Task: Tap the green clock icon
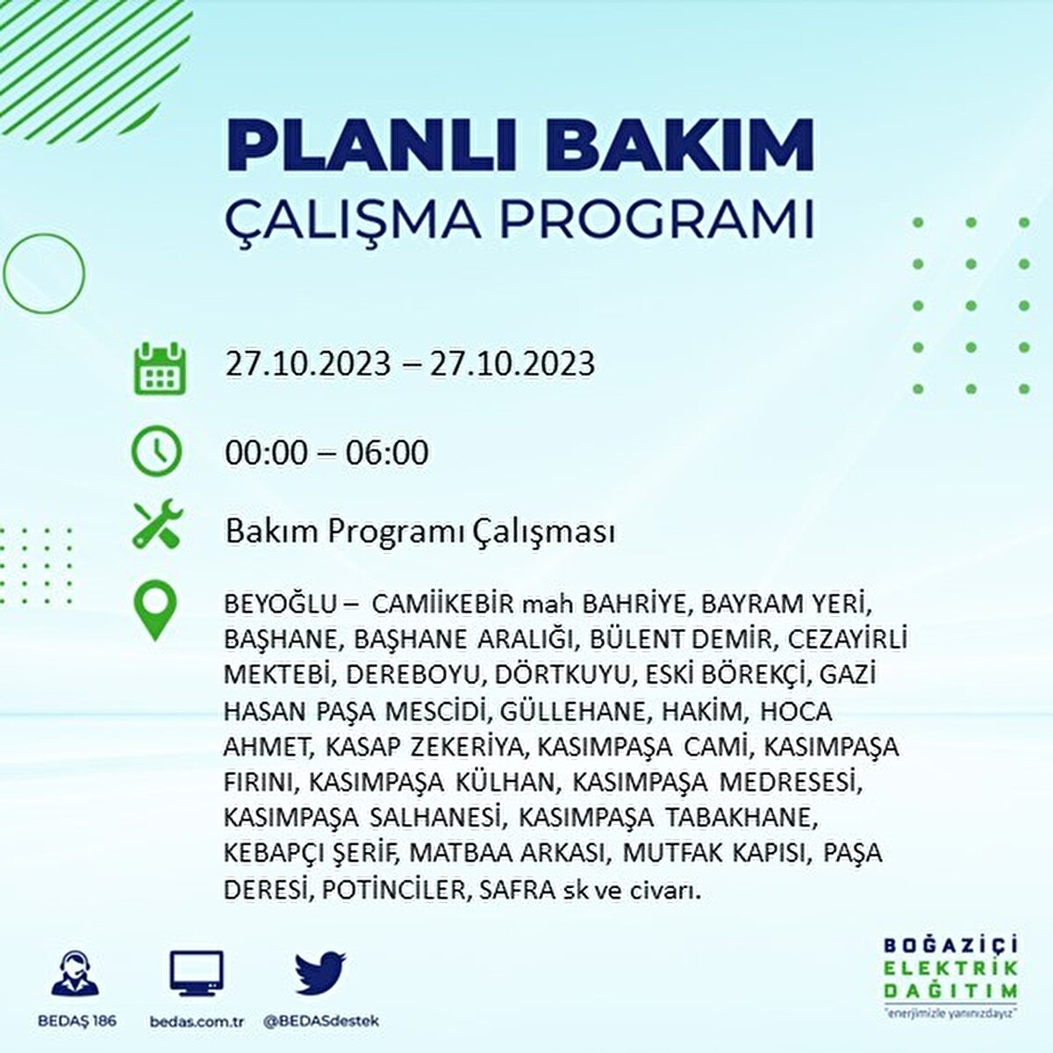[x=156, y=452]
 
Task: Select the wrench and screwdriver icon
[x=157, y=524]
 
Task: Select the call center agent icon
[x=75, y=974]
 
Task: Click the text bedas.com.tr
[x=197, y=1021]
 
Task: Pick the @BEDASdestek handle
[x=321, y=1021]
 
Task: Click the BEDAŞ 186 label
[x=77, y=1021]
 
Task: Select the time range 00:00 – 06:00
[x=326, y=453]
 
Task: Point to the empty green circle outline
[x=44, y=273]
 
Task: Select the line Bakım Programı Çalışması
[x=419, y=532]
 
